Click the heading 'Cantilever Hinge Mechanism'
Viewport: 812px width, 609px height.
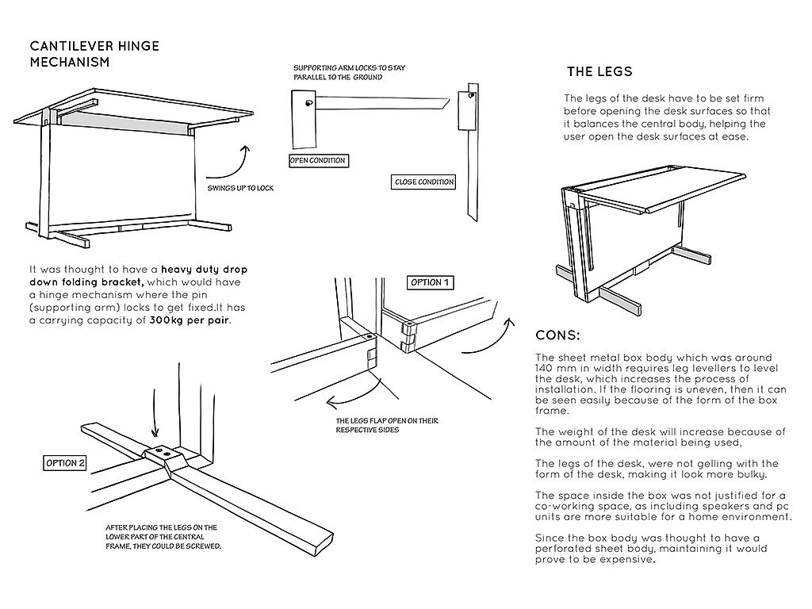94,53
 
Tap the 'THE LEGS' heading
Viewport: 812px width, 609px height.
599,72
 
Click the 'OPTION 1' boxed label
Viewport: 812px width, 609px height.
431,282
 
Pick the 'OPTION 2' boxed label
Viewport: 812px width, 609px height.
65,463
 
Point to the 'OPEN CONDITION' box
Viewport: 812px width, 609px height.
318,161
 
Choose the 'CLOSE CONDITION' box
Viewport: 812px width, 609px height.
424,182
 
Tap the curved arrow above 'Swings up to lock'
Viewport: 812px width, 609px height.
234,162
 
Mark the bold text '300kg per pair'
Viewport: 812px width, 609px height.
194,321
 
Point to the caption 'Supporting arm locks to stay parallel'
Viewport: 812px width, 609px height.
349,72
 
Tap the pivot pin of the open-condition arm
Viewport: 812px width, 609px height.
309,103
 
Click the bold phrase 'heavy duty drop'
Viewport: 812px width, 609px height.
207,270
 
